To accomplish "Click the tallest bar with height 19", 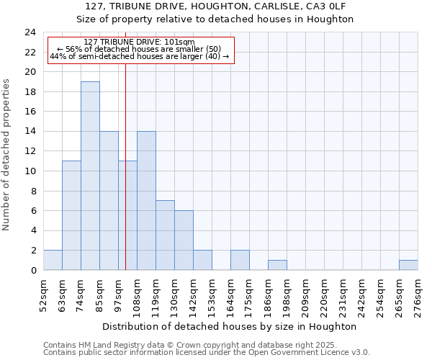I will pos(90,176).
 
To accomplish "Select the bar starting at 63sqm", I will pos(71,215).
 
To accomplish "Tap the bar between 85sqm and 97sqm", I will pos(109,201).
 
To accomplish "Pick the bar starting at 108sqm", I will pos(146,201).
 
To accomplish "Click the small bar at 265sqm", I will pos(408,265).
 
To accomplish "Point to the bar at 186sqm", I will pos(277,265).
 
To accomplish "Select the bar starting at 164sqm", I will pos(240,260).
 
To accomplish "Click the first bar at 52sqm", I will pos(53,260).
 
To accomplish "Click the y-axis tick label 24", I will pos(30,32).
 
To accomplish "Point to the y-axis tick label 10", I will pos(30,171).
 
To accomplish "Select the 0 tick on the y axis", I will pos(33,270).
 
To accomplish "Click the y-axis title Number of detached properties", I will pos(7,155).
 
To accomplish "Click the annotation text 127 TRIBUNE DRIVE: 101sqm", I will pos(139,42).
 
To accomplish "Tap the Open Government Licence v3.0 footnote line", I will pos(207,353).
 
